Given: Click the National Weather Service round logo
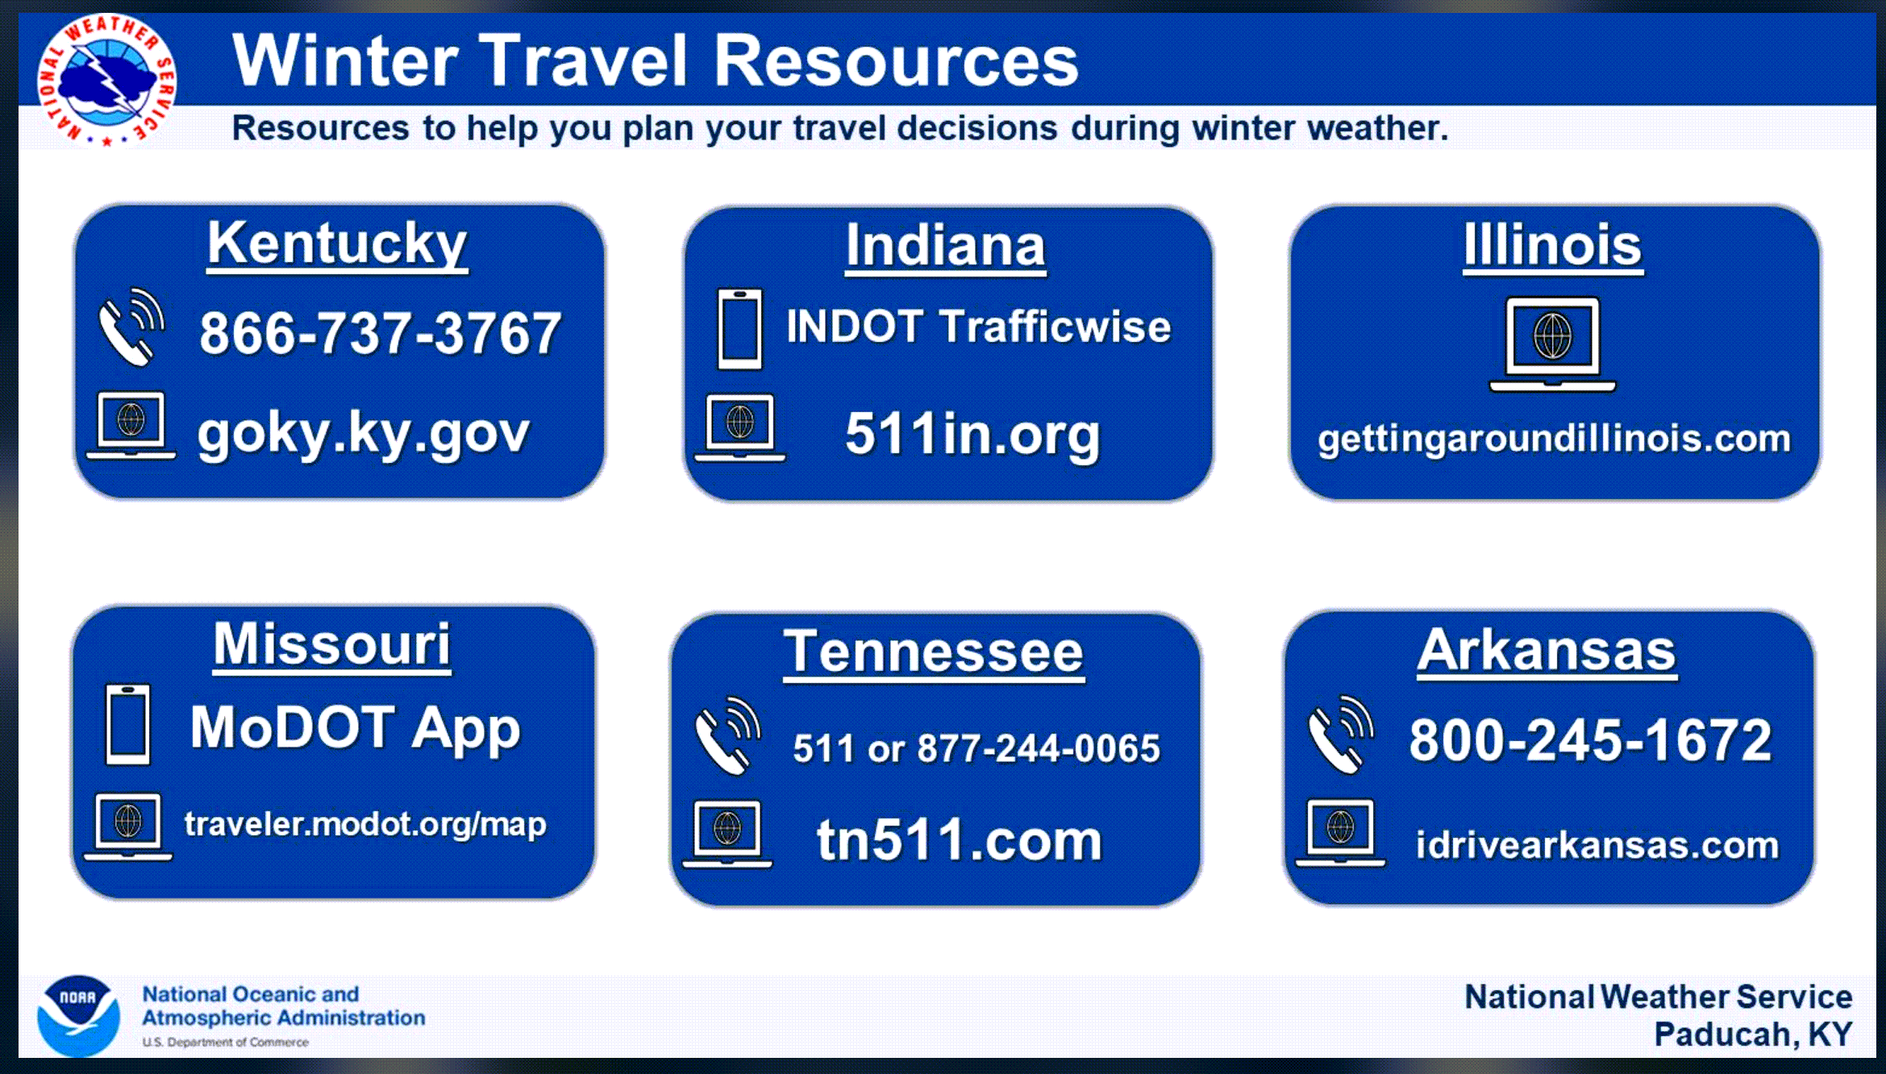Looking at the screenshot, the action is tap(107, 79).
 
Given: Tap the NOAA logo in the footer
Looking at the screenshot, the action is tap(78, 1015).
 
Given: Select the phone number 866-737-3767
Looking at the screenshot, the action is tap(380, 333).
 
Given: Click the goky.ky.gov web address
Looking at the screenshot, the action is tap(364, 435).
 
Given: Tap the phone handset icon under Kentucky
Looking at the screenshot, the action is tap(131, 327).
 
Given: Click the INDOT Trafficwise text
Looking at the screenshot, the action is tap(979, 327).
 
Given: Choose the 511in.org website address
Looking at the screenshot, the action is tap(972, 435).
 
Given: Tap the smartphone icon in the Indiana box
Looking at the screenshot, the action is tap(740, 329).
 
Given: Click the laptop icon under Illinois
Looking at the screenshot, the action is tap(1552, 344).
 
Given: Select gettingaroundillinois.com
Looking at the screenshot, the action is tap(1554, 439).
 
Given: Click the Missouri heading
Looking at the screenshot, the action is tap(332, 644).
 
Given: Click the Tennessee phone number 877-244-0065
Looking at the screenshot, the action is tap(1039, 748).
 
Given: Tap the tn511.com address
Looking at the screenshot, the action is tap(960, 839).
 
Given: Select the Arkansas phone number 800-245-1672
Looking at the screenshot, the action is tap(1590, 739).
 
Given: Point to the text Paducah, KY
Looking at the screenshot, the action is tap(1753, 1034).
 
